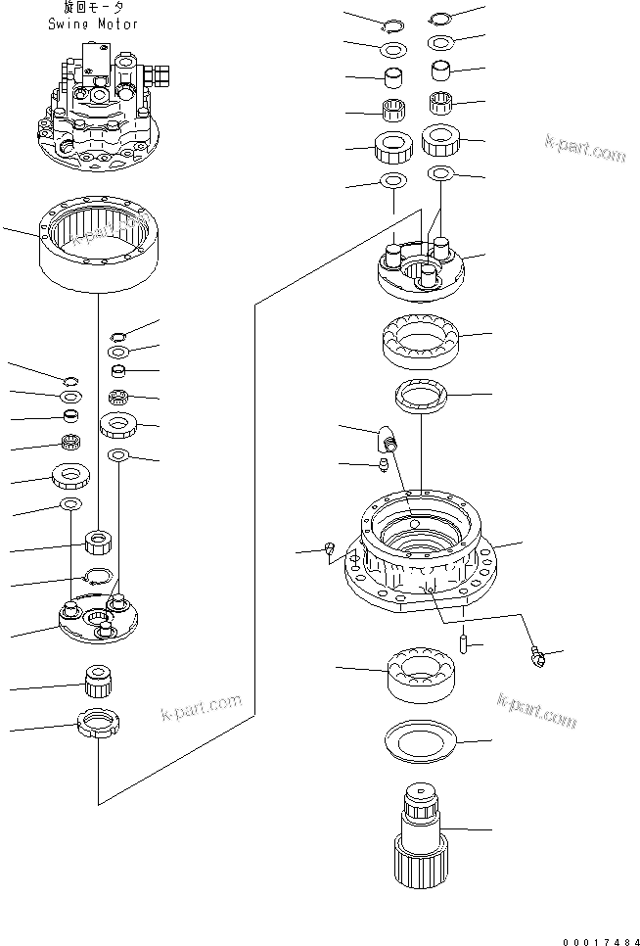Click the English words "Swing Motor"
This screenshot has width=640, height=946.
click(x=93, y=24)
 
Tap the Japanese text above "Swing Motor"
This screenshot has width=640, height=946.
click(x=93, y=9)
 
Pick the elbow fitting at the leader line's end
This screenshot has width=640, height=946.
click(x=538, y=657)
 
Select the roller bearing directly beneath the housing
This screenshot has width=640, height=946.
click(x=420, y=674)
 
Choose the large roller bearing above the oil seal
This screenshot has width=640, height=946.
click(x=420, y=339)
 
